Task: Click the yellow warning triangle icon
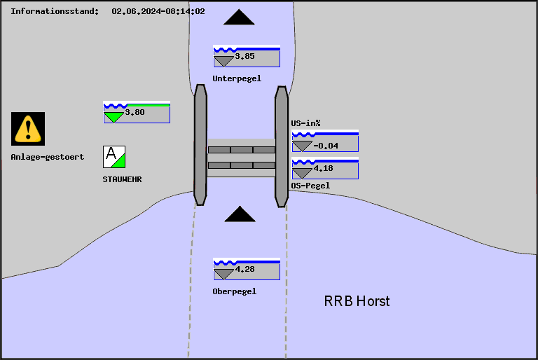28,128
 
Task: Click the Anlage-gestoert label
47,157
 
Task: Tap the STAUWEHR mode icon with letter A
113,156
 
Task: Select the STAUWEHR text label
122,179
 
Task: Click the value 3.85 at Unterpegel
244,56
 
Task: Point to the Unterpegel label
237,78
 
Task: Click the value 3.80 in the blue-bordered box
134,111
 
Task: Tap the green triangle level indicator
113,117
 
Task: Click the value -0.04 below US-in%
326,146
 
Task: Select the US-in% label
305,123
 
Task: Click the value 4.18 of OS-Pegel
323,169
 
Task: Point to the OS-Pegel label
310,186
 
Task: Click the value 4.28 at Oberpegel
244,269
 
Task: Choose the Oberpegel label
234,291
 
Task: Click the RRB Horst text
357,301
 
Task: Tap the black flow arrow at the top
240,18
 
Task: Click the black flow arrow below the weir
240,214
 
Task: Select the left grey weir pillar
200,145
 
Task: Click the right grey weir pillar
282,146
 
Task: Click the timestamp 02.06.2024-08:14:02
158,11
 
